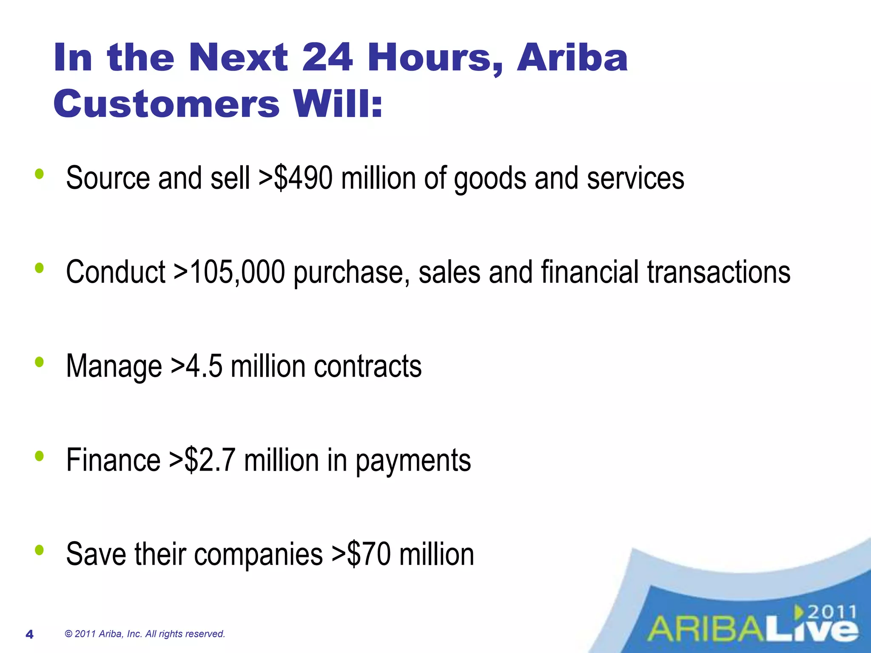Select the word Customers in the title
(166, 104)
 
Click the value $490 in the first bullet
(303, 178)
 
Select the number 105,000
(237, 272)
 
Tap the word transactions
(718, 272)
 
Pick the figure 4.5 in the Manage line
(204, 366)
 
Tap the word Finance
(113, 460)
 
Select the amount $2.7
(210, 460)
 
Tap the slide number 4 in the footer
(29, 635)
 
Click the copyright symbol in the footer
(68, 634)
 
